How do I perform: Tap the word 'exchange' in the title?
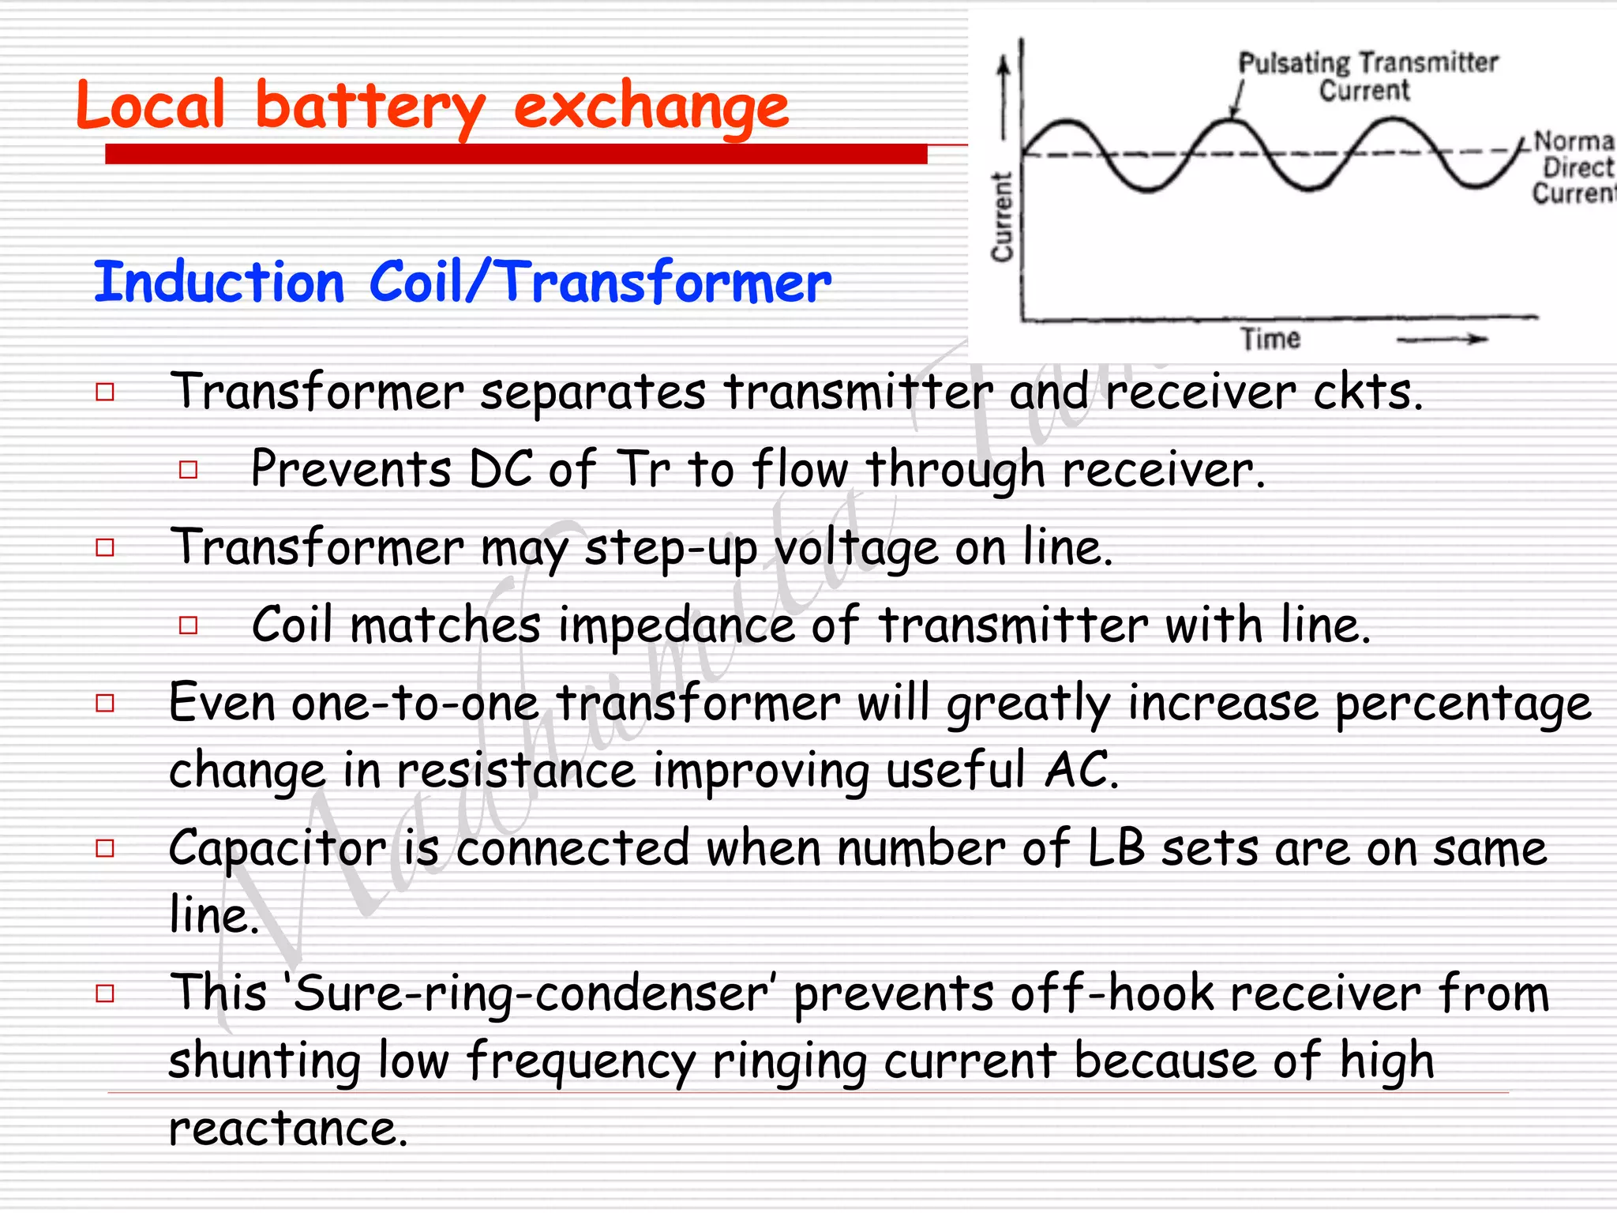651,108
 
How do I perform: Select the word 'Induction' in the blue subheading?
219,282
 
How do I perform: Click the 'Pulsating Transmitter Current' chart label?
1367,76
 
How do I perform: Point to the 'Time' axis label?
1270,339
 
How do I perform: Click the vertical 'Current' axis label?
1002,216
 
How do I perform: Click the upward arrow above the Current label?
1004,95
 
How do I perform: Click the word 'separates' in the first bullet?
593,392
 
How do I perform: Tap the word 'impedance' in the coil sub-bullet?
676,625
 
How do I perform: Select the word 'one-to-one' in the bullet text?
415,703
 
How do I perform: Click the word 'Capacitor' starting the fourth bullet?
278,850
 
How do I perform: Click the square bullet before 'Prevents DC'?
188,470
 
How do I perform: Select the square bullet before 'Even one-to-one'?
105,703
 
